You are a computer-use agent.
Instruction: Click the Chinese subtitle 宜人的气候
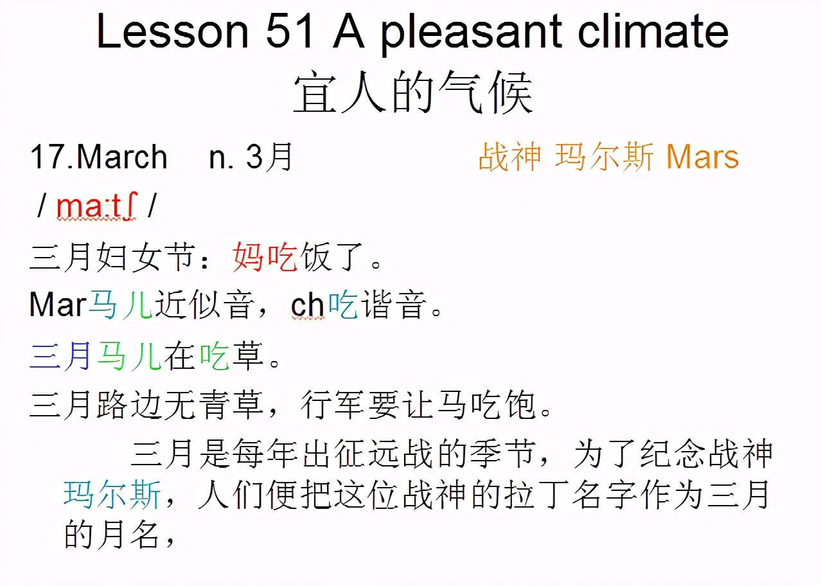pyautogui.click(x=412, y=94)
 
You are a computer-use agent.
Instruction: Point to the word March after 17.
pyautogui.click(x=122, y=157)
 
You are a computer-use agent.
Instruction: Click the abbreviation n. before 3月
pyautogui.click(x=222, y=157)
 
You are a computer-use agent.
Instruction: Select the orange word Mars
pyautogui.click(x=702, y=157)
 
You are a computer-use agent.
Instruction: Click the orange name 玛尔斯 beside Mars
pyautogui.click(x=605, y=157)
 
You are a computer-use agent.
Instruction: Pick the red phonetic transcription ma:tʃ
pyautogui.click(x=97, y=207)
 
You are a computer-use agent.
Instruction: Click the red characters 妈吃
pyautogui.click(x=265, y=258)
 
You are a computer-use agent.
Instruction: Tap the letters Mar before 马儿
pyautogui.click(x=57, y=306)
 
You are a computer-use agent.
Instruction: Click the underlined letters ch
pyautogui.click(x=308, y=306)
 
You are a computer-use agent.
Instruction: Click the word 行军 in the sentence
pyautogui.click(x=333, y=405)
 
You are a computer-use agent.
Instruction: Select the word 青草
pyautogui.click(x=231, y=405)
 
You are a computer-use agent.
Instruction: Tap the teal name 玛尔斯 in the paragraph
pyautogui.click(x=112, y=495)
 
